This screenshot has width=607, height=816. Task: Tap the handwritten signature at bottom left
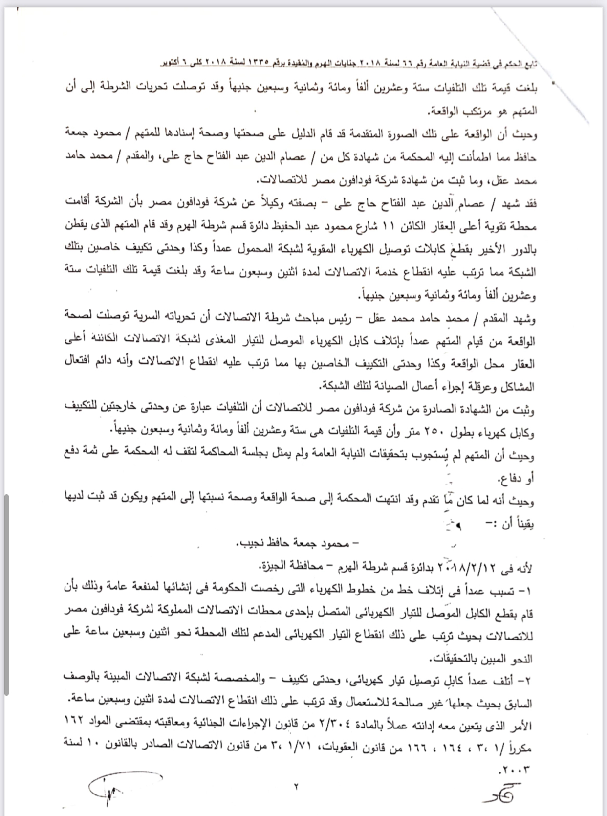(x=104, y=795)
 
